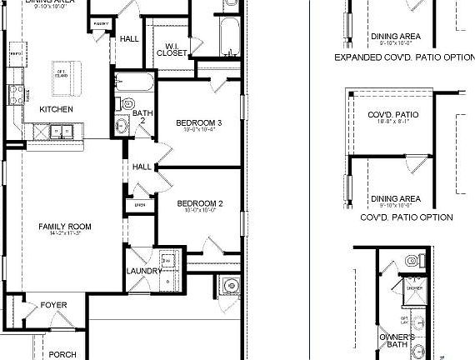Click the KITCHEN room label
coord(56,109)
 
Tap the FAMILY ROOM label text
coord(64,227)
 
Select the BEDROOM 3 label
coord(198,123)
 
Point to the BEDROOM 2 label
coord(200,203)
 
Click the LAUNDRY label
coord(143,272)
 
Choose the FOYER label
coord(54,305)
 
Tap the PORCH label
coord(62,354)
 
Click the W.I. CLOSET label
coord(172,48)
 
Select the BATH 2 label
coord(142,117)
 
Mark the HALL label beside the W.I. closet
coord(129,39)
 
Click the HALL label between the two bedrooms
coord(142,167)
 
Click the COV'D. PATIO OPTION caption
coord(407,217)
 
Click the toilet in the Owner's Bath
coord(411,261)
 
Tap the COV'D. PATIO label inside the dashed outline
coord(395,115)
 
